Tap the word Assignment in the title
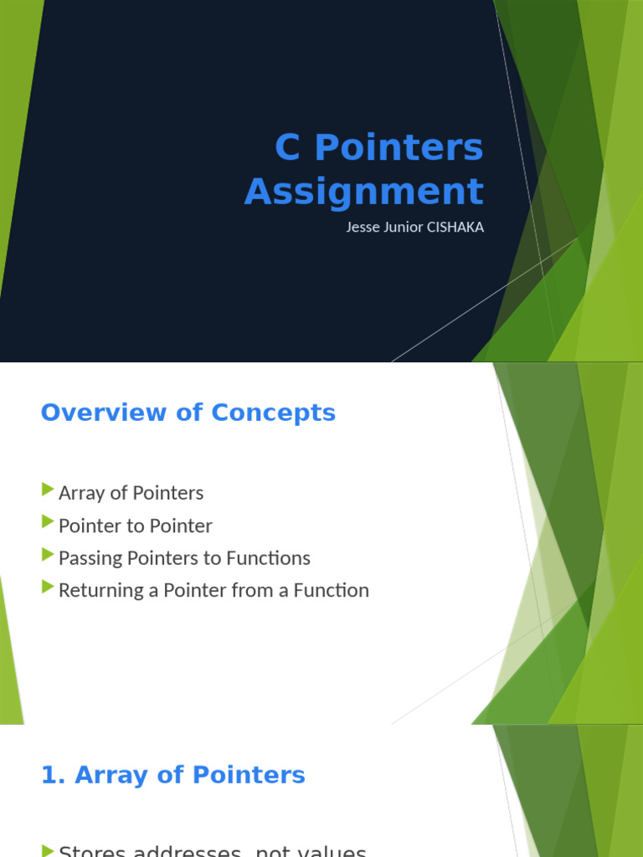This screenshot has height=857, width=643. point(364,191)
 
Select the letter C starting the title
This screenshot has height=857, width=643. point(287,148)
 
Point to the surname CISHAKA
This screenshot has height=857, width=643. point(455,227)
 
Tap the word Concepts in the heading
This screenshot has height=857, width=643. point(273,413)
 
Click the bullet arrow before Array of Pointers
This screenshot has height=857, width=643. point(48,490)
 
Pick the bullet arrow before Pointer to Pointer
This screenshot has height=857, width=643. point(48,523)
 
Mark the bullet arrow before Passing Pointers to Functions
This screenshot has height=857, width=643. point(48,555)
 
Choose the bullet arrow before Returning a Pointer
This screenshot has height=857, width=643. point(48,588)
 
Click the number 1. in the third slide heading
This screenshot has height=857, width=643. point(53,775)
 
